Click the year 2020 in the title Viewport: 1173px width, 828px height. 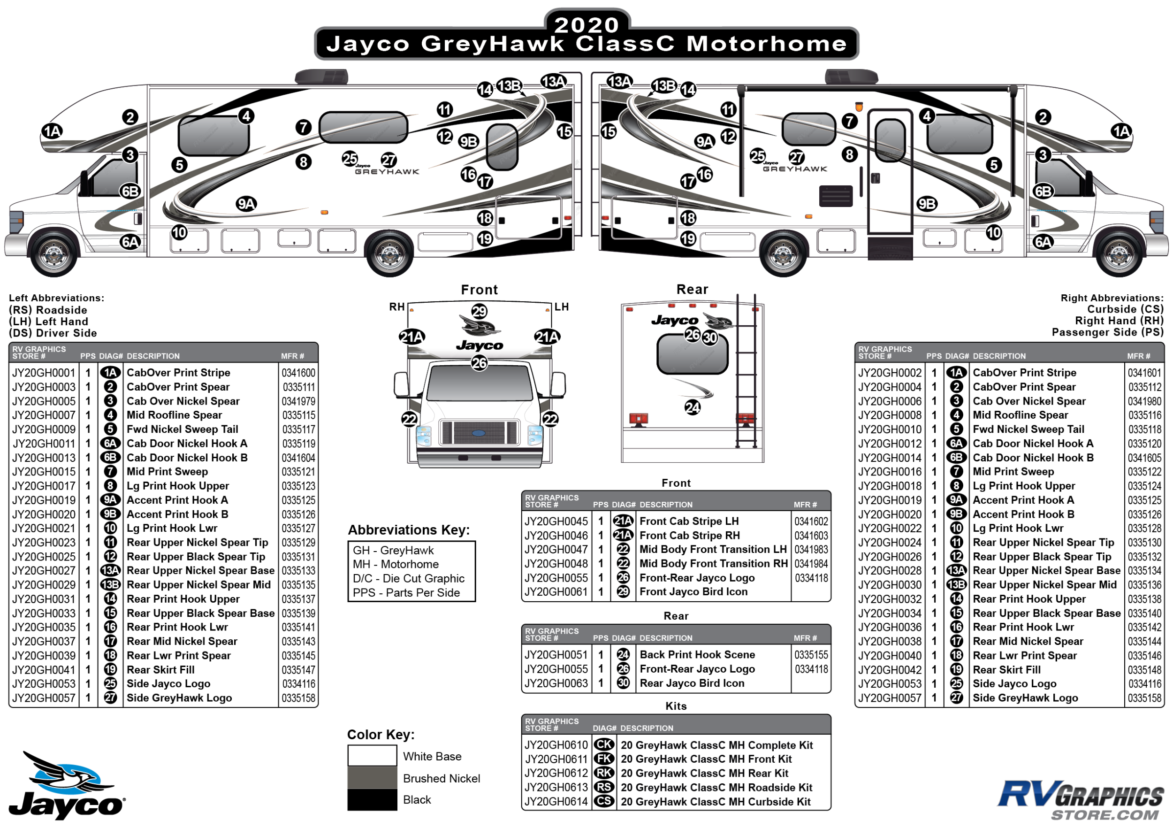tap(586, 24)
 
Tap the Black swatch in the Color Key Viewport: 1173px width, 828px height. tap(372, 800)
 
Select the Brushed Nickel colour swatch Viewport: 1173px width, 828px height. tap(372, 778)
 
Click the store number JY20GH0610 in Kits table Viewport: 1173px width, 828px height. tap(556, 745)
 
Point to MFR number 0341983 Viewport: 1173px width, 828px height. tap(811, 550)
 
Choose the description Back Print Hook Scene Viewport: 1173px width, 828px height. tap(697, 655)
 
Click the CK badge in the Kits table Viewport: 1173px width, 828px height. tap(604, 745)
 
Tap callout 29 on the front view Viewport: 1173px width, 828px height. tap(479, 311)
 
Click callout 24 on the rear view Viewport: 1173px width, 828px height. tap(692, 407)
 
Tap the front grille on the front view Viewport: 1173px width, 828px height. tap(479, 433)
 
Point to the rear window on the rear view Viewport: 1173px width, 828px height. tap(692, 354)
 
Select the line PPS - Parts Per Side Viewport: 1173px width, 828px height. tap(406, 593)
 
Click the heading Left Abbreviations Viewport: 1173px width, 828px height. tap(56, 298)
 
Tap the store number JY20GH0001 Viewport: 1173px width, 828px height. tap(44, 373)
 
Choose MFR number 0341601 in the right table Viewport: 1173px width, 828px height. tap(1144, 373)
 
